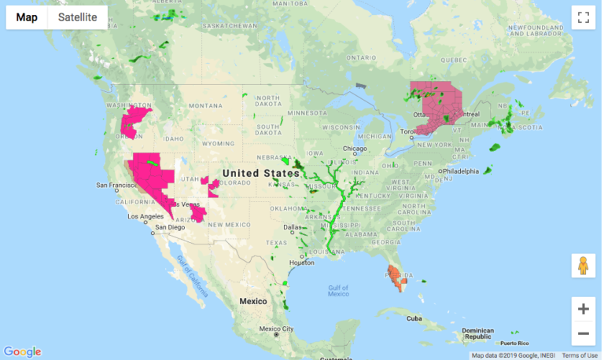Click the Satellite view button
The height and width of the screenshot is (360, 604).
click(77, 17)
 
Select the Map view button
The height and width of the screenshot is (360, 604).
click(27, 17)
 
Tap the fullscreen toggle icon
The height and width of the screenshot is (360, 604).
click(583, 17)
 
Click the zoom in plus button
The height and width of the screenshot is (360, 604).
click(583, 309)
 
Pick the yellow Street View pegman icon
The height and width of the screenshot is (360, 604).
click(583, 266)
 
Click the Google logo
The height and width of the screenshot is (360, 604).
click(22, 351)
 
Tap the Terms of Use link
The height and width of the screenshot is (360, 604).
click(580, 355)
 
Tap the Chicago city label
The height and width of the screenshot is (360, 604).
click(355, 149)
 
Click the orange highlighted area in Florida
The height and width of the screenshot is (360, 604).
click(396, 277)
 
